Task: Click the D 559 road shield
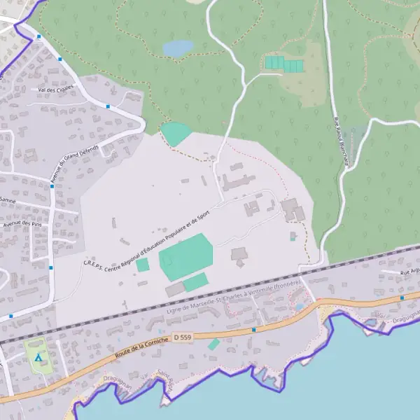182,337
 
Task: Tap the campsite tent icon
39,357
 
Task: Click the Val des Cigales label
55,90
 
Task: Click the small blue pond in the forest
178,48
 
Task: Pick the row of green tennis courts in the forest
283,64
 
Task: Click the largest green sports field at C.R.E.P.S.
185,256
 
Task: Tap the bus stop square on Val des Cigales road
108,106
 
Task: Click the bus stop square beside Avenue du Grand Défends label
52,187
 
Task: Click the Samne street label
8,200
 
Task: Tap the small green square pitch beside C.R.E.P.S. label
143,265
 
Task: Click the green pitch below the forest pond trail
175,132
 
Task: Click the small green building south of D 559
213,344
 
